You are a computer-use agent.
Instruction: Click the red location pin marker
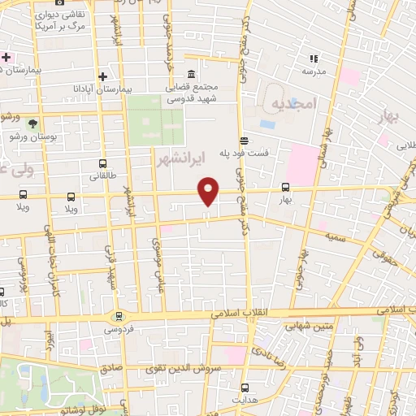(209, 190)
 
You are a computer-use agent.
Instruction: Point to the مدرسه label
(314, 71)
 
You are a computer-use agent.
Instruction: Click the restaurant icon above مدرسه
(314, 58)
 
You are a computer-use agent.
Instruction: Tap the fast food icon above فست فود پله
(244, 140)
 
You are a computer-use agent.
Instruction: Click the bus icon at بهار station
(284, 186)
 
